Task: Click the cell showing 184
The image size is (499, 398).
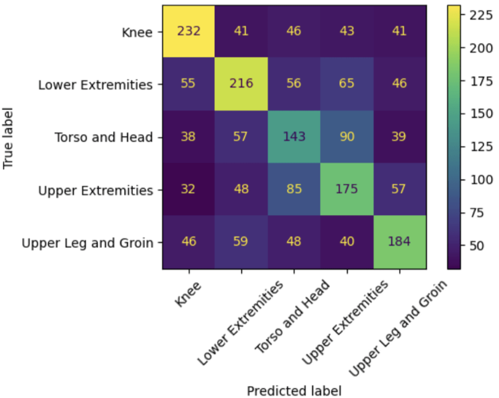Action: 400,242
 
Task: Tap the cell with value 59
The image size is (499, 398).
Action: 241,242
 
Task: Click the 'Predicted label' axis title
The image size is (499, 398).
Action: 294,391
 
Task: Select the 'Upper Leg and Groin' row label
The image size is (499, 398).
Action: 87,243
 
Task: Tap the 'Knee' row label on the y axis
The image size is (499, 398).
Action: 138,33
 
